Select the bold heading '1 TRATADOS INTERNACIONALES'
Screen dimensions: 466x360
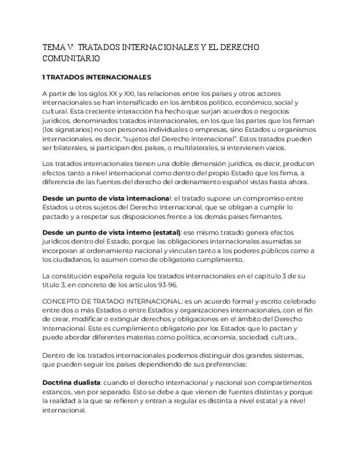tap(97, 77)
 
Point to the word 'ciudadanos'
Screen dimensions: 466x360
tap(68, 259)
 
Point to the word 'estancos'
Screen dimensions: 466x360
tap(56, 391)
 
